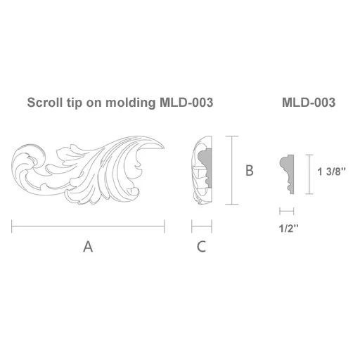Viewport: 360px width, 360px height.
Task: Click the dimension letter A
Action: click(88, 247)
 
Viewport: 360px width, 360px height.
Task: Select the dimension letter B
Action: click(250, 170)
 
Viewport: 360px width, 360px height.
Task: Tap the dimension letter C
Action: click(201, 247)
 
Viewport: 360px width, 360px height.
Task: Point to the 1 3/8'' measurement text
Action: click(331, 172)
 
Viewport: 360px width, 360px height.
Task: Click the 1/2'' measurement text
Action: click(288, 228)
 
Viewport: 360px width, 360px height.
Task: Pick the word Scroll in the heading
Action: click(45, 103)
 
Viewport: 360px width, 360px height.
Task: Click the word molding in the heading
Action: click(130, 103)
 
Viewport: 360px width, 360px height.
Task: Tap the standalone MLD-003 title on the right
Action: click(309, 103)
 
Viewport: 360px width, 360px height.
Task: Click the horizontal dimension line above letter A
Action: click(88, 226)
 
